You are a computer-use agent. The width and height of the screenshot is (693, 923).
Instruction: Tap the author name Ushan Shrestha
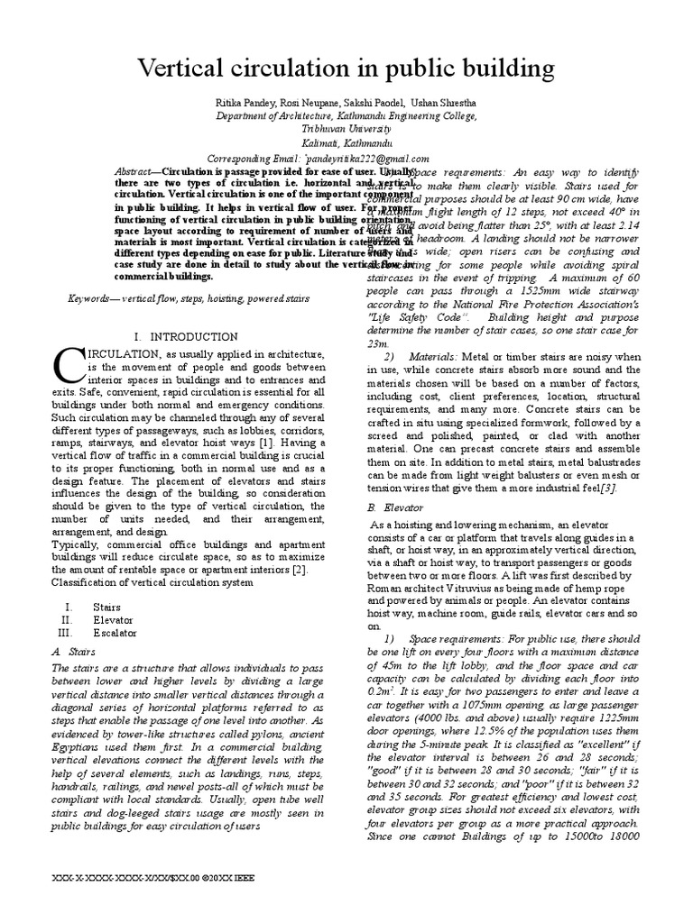click(437, 103)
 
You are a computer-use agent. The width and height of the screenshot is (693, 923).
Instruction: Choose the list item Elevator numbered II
click(113, 620)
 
